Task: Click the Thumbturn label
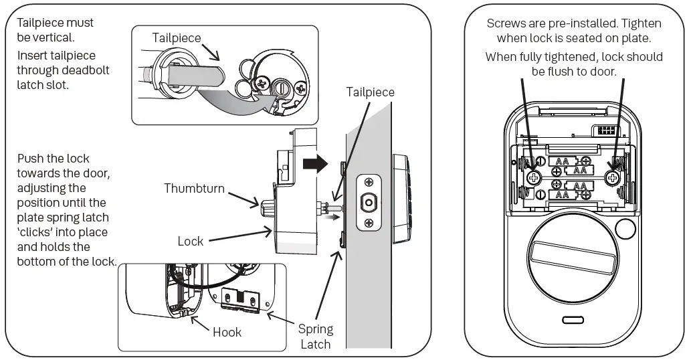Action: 195,188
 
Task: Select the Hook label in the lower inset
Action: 227,332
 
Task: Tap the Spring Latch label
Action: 315,337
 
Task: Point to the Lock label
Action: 191,241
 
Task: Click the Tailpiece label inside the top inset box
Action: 177,37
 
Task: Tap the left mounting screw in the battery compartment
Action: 534,177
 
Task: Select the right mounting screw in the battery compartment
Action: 613,177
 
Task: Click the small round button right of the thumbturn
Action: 625,230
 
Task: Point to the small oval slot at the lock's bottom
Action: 573,320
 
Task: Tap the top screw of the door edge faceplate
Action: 368,181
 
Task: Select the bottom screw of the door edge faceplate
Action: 368,223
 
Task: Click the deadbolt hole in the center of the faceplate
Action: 368,203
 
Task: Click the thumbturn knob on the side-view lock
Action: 266,201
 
